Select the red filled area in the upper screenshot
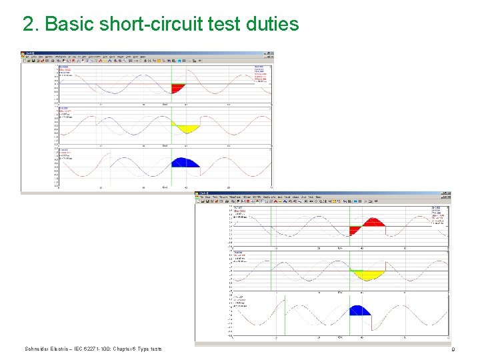[178, 87]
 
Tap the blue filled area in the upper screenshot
[185, 163]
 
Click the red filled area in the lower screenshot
[373, 223]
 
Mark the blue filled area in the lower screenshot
[360, 310]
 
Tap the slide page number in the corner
[453, 349]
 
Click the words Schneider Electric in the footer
[47, 349]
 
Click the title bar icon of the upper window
[23, 53]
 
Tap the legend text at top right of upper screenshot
[262, 73]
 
